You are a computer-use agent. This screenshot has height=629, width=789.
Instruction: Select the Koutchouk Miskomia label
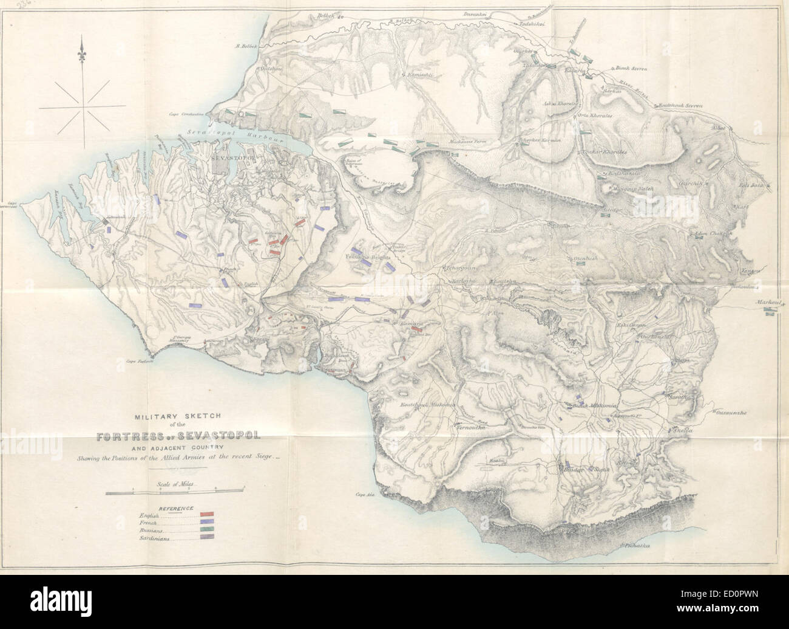coord(427,406)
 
